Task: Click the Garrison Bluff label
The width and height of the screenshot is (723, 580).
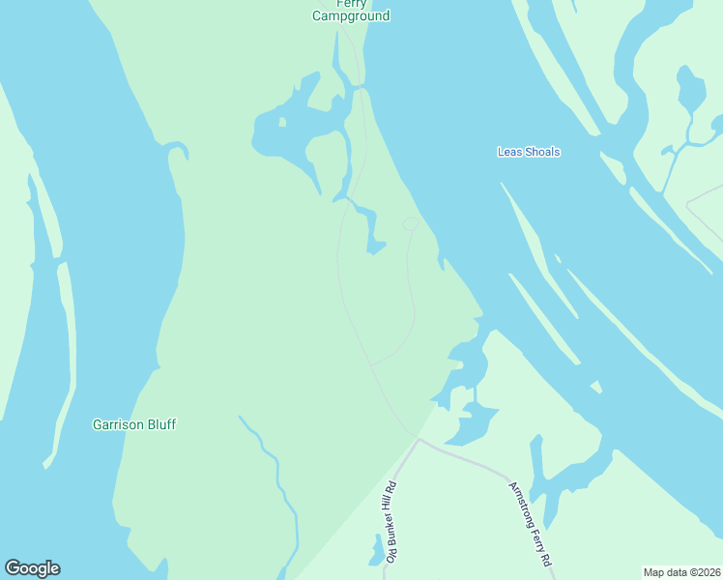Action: click(133, 424)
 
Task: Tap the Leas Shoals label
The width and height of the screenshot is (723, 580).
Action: click(528, 152)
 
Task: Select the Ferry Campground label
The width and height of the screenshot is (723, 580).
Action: click(350, 12)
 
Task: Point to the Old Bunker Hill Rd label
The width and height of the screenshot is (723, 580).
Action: click(390, 522)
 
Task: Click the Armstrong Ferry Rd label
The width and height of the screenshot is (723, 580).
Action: click(530, 523)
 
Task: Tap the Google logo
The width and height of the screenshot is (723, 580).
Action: click(32, 568)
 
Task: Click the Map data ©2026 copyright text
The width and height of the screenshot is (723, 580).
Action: click(682, 572)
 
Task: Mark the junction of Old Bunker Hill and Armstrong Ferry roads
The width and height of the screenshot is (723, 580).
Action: click(419, 439)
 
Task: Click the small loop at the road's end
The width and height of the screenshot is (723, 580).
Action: click(410, 224)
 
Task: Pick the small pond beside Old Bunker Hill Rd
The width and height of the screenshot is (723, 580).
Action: click(375, 554)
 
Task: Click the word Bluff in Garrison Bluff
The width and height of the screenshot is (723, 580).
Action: click(159, 424)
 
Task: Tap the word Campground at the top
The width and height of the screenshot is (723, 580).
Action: click(350, 16)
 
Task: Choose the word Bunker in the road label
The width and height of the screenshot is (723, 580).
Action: click(390, 524)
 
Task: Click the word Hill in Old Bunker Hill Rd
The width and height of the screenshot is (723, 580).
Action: click(390, 501)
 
